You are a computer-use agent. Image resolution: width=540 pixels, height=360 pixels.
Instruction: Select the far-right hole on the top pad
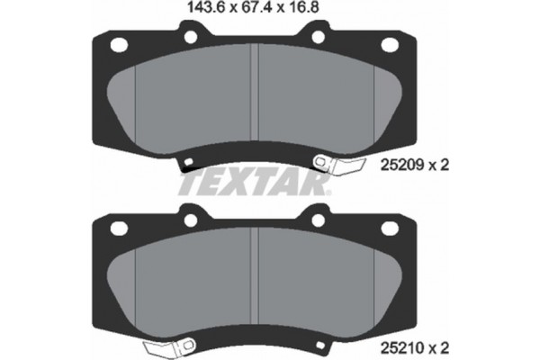click(390, 45)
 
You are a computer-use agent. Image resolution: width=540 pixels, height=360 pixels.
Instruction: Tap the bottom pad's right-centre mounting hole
click(319, 218)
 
